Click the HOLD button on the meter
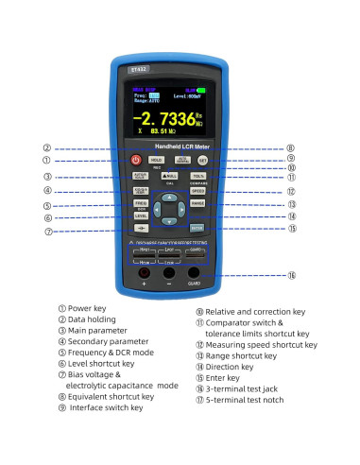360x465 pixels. tap(156, 161)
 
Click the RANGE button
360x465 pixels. tap(197, 202)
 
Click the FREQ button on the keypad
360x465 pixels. tap(140, 203)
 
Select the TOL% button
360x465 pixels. tap(197, 176)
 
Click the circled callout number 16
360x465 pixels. tap(292, 275)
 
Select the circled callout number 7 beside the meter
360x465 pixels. tap(47, 232)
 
